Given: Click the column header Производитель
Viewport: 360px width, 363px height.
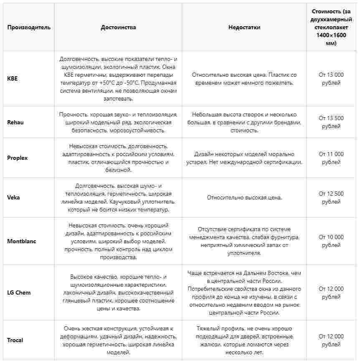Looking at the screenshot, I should [x=29, y=28].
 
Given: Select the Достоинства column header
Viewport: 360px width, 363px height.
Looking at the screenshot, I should [x=118, y=28].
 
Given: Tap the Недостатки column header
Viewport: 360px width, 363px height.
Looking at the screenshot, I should [x=244, y=28].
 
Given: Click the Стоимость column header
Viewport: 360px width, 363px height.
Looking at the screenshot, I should [x=331, y=28].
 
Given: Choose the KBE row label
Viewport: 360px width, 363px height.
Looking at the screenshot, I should [x=13, y=79].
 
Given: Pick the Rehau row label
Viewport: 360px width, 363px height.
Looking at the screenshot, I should [x=16, y=122].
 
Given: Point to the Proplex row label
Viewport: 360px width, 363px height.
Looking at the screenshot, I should [x=17, y=158].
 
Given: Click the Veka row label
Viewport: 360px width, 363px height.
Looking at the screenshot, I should [x=13, y=198].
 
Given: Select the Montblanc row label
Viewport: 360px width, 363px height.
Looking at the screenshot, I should [x=21, y=241].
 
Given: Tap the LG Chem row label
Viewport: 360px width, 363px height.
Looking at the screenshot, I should [x=19, y=292].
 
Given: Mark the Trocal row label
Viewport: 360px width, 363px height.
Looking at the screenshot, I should [x=15, y=340].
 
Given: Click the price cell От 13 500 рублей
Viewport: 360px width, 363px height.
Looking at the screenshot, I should [x=331, y=122].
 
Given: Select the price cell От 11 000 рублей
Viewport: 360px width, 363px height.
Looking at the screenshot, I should [x=331, y=158].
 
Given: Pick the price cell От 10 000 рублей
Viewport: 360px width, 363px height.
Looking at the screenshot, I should [x=331, y=241].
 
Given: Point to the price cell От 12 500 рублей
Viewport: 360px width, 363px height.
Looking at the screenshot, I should [x=331, y=198].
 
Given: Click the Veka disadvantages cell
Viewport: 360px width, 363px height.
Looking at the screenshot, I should [x=244, y=198].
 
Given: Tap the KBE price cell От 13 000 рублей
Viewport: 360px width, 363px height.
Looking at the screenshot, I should [x=331, y=79].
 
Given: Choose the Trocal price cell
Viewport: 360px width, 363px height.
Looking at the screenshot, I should [x=331, y=340].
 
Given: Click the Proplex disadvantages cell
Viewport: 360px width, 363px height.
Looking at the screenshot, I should [x=244, y=158].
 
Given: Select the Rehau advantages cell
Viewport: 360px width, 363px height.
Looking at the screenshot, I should [x=118, y=122].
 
